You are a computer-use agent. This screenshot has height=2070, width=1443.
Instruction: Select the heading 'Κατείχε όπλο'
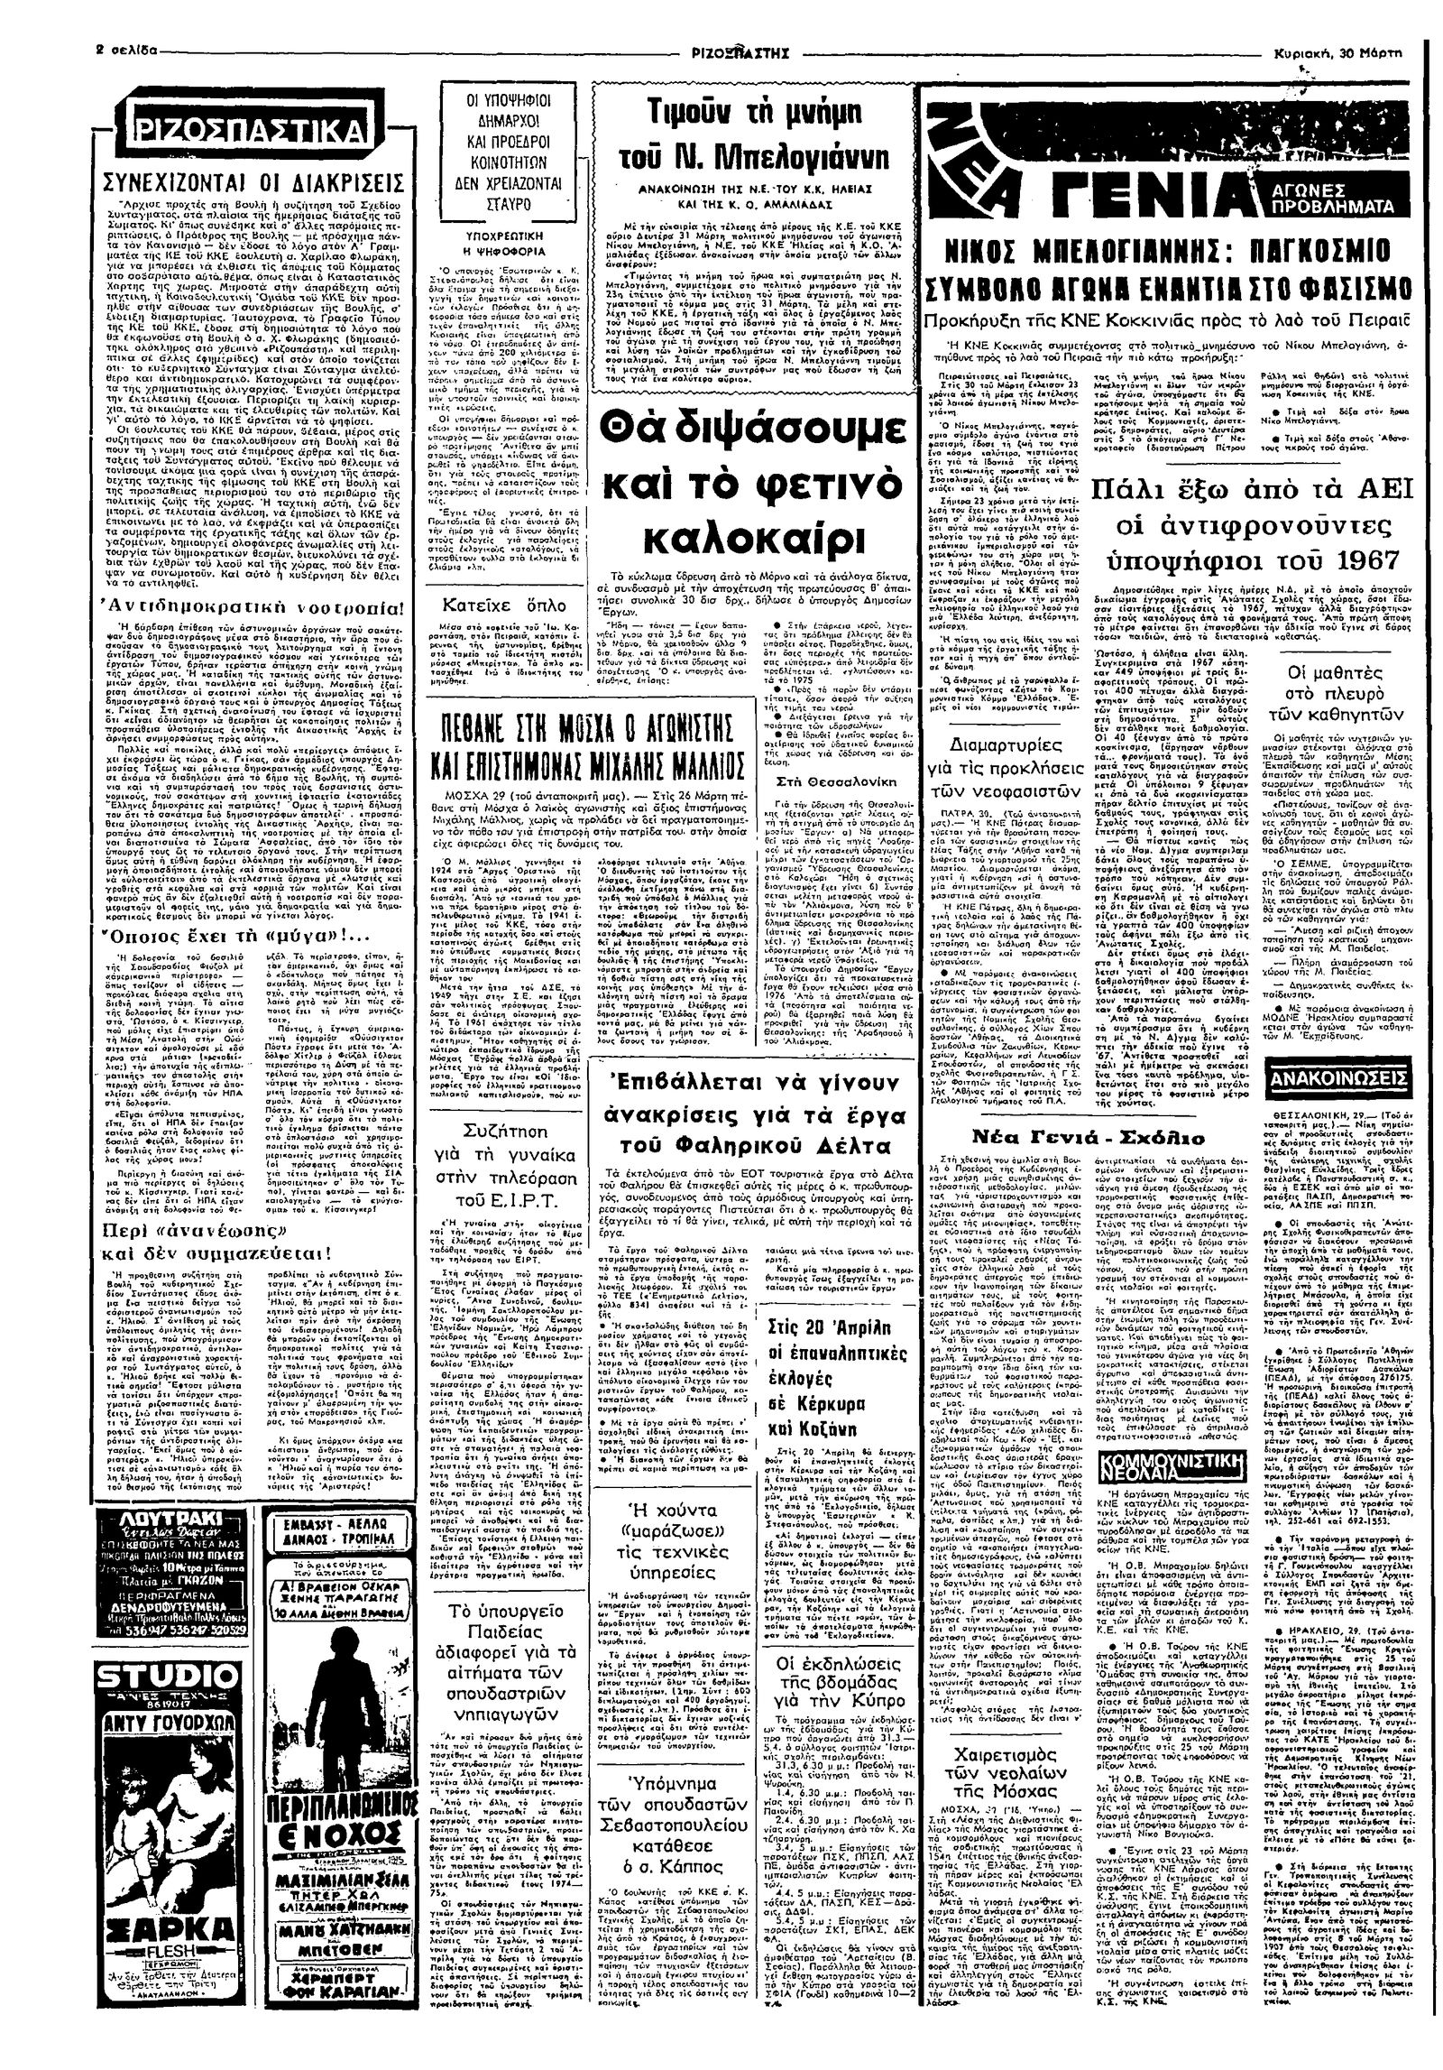pyautogui.click(x=508, y=597)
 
